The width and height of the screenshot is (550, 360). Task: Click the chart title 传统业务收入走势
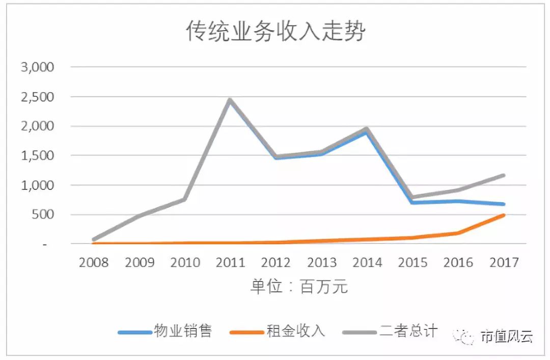275,32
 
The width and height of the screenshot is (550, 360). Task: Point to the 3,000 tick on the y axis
37,67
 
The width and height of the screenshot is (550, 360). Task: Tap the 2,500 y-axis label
37,97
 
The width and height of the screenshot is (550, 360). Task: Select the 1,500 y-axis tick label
37,156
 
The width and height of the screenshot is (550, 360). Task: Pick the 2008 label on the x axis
94,263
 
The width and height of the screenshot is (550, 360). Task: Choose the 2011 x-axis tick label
230,263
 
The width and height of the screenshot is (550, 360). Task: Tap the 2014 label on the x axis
367,263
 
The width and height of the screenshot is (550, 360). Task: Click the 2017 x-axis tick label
503,263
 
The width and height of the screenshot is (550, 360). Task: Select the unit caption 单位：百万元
299,287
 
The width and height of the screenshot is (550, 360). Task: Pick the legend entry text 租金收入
295,331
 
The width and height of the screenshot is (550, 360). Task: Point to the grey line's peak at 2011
230,100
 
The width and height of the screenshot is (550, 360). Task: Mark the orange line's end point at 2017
503,215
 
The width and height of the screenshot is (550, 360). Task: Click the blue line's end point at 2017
503,204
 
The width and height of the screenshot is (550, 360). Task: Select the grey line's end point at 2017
503,175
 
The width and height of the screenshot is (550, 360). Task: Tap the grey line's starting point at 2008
94,239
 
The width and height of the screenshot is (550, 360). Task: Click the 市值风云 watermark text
507,337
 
